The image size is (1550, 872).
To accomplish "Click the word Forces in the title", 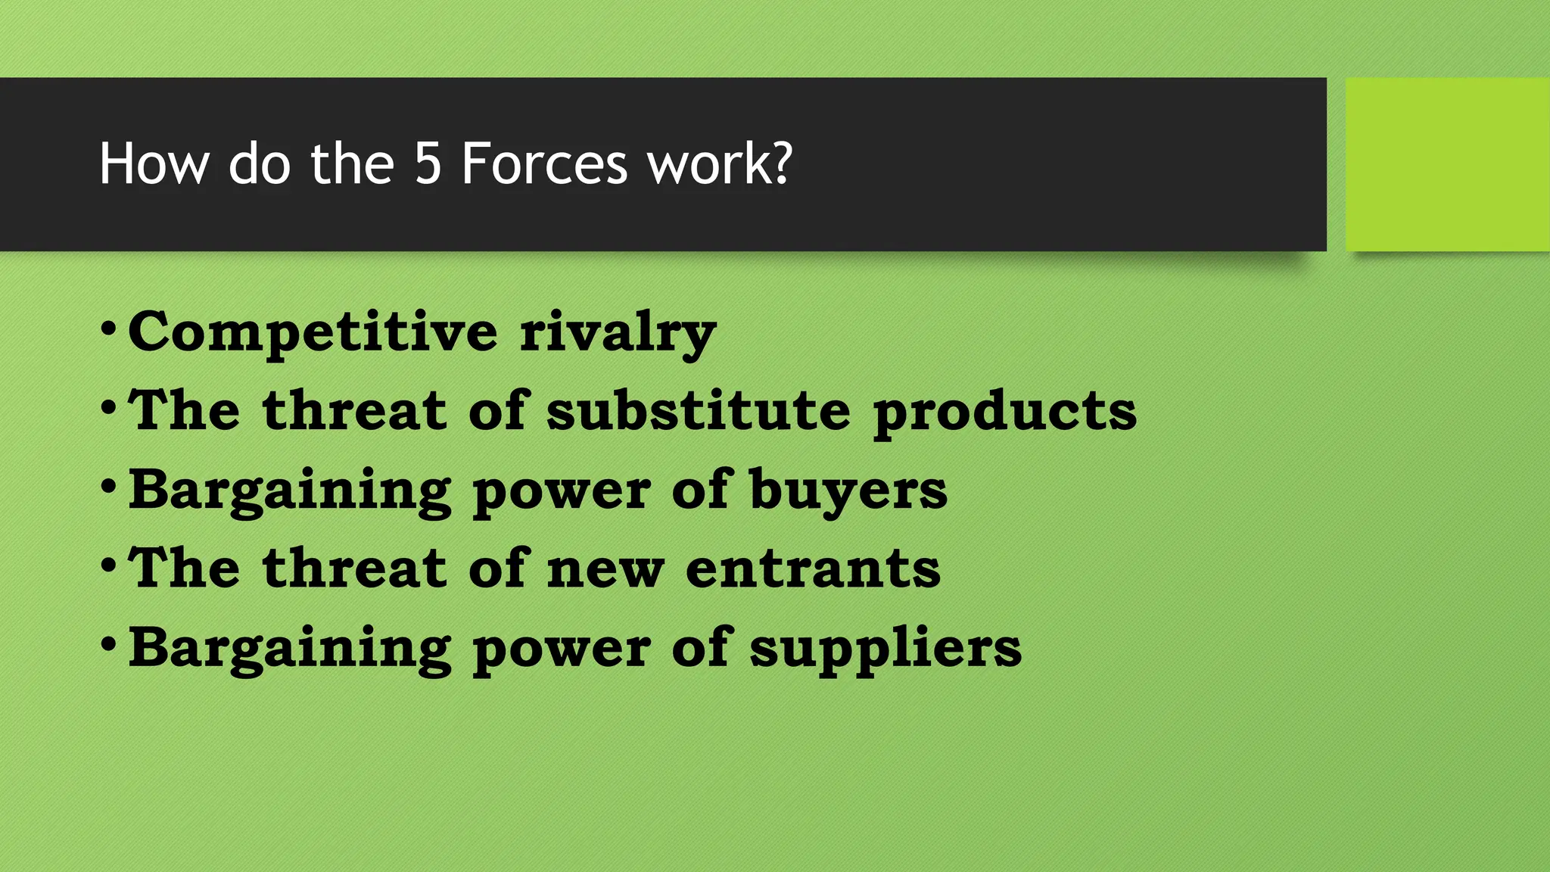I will click(544, 163).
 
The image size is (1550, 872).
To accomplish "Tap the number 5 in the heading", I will click(428, 163).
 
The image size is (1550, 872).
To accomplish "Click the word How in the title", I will click(154, 163).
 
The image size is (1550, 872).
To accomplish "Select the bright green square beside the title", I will click(1447, 164).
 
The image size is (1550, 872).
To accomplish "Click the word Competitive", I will click(313, 332).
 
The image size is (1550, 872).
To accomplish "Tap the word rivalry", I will click(618, 332).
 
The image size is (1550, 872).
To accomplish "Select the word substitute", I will click(698, 410).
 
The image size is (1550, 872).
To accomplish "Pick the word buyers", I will click(848, 490).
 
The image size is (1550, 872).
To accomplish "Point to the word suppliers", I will click(885, 649).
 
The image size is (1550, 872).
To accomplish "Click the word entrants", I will click(813, 568).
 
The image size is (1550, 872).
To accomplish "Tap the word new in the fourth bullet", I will click(605, 570).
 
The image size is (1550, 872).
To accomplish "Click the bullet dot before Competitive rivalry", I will click(108, 329).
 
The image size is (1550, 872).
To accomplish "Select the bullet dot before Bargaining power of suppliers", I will click(108, 644).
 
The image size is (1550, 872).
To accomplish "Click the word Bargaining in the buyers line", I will click(290, 490).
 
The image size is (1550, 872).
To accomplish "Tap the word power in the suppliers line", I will click(561, 649).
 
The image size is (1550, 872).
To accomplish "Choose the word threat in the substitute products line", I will click(355, 410).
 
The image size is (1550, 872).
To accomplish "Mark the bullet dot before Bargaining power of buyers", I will click(108, 486).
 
